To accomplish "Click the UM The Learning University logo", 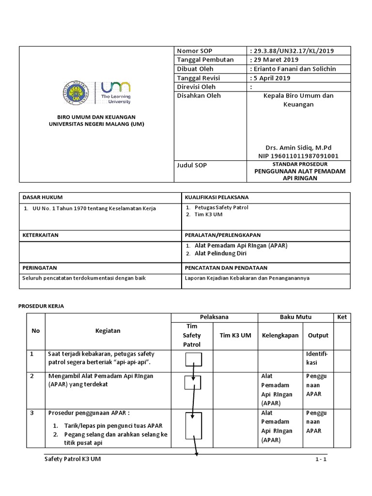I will click(115, 93).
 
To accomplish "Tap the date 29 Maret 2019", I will click(274, 60).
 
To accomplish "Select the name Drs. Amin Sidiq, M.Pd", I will click(298, 147).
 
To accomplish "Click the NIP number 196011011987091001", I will click(298, 156).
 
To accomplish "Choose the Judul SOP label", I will click(192, 165).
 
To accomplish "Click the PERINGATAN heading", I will click(40, 267).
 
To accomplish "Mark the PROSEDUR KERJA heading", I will click(41, 306).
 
